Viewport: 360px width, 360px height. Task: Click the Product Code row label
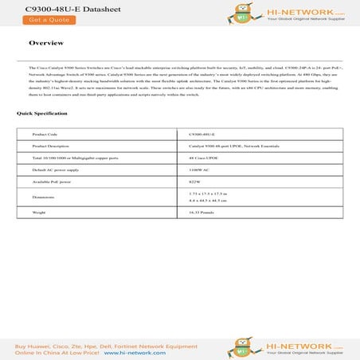[x=45, y=134]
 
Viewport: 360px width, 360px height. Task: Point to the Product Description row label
[x=52, y=147]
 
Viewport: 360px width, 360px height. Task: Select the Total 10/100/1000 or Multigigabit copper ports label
[x=72, y=158]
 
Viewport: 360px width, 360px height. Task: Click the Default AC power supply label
[x=55, y=170]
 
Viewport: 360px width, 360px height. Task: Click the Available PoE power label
[x=53, y=182]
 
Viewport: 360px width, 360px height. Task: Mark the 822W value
[x=195, y=182]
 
